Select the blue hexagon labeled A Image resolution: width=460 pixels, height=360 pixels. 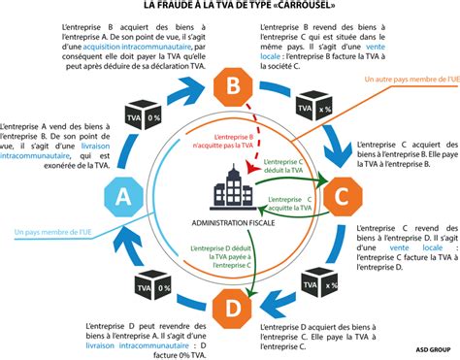pyautogui.click(x=123, y=197)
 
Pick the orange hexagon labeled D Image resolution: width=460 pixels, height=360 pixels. pyautogui.click(x=234, y=308)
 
